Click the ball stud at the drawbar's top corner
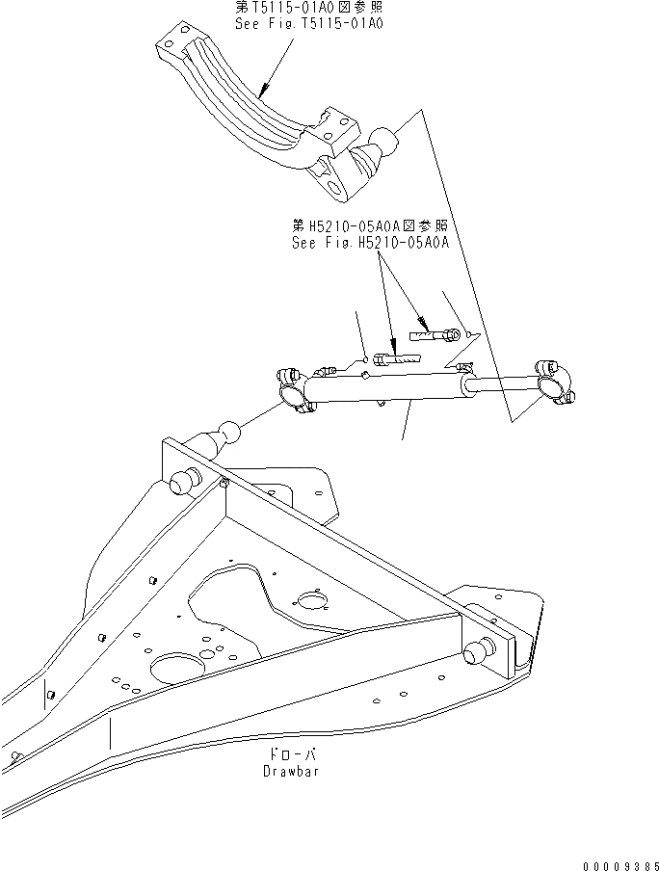[x=228, y=434]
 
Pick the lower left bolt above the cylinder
[x=395, y=358]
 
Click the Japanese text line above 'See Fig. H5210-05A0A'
[x=371, y=227]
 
